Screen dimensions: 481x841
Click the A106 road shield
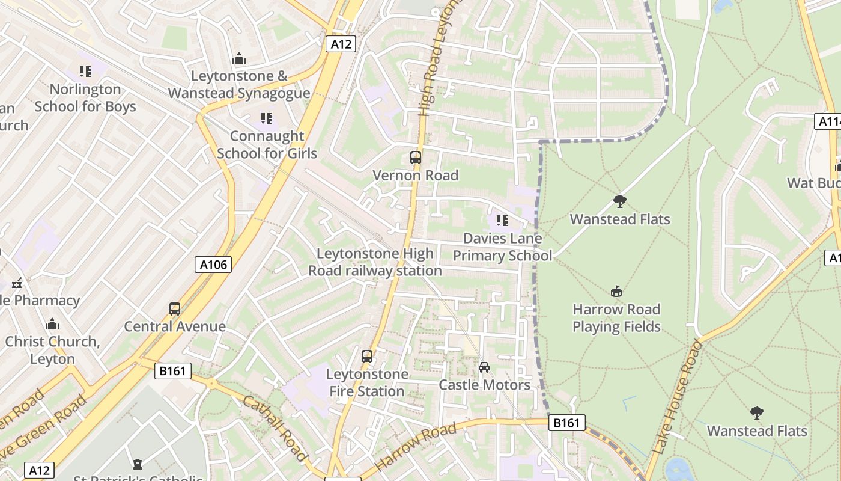[x=213, y=264]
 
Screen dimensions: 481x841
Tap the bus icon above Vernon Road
[x=415, y=158]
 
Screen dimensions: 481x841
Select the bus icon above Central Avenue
[x=175, y=309]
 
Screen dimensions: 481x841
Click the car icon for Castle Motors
[x=484, y=367]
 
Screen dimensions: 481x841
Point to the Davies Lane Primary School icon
[x=502, y=221]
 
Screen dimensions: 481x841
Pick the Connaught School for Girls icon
[x=267, y=118]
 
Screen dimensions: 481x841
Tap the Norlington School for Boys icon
[x=85, y=72]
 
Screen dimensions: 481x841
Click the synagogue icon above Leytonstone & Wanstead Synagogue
[x=239, y=58]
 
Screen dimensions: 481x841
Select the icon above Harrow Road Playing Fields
[x=616, y=292]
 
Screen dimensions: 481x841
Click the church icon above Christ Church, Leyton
[x=52, y=324]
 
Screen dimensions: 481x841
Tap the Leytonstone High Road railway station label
[x=375, y=262]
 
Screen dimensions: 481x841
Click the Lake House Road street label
[x=676, y=397]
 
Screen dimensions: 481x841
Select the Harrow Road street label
[x=415, y=448]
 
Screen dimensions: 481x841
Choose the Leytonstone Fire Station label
[x=367, y=382]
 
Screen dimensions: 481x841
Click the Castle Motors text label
[x=485, y=385]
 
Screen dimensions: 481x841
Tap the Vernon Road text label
[x=415, y=175]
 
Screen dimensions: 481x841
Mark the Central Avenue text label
[x=175, y=326]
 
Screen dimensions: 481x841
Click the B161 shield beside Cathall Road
[x=173, y=371]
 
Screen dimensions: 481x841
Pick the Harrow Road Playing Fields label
[x=616, y=318]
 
